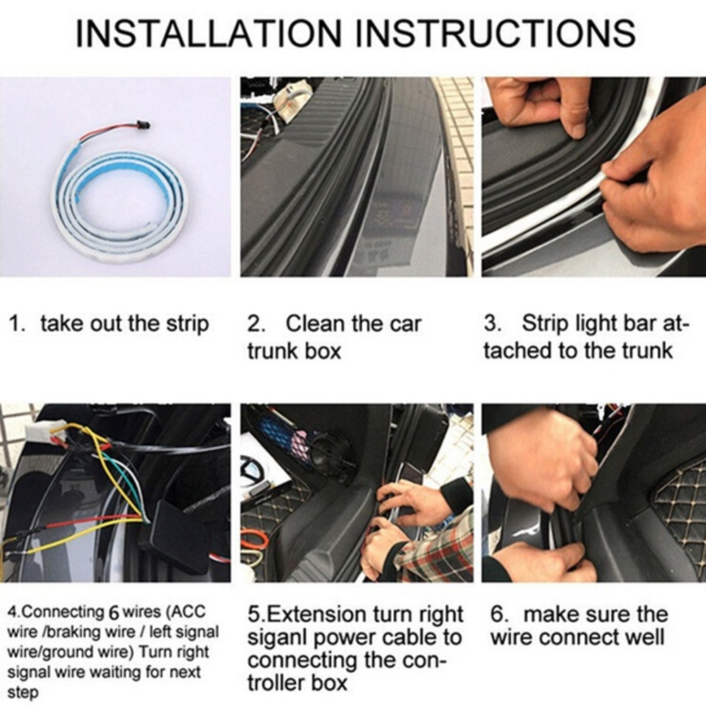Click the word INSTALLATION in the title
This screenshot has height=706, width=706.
tap(208, 33)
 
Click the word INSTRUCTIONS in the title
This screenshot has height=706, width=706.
tap(495, 33)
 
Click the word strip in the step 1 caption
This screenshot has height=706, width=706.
tap(187, 325)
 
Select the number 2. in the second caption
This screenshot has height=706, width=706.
tap(256, 324)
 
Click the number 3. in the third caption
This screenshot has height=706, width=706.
tap(493, 323)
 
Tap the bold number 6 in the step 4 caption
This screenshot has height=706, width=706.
tap(113, 612)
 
